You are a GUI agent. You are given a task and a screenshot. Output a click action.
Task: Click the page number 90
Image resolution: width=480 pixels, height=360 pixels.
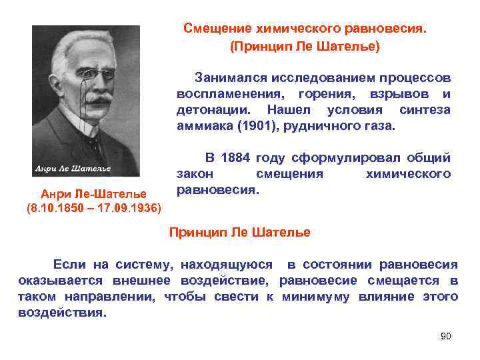446,336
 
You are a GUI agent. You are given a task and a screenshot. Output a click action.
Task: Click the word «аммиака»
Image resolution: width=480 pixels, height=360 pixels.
202,125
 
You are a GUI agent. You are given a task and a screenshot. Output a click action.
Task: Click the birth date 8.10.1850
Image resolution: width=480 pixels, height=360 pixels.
58,208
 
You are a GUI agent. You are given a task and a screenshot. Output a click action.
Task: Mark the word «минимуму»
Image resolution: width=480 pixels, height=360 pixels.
315,296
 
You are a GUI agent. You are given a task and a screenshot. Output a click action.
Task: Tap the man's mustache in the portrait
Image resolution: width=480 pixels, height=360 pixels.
98,100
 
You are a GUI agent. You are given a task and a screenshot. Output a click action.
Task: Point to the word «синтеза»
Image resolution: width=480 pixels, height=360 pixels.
425,109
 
